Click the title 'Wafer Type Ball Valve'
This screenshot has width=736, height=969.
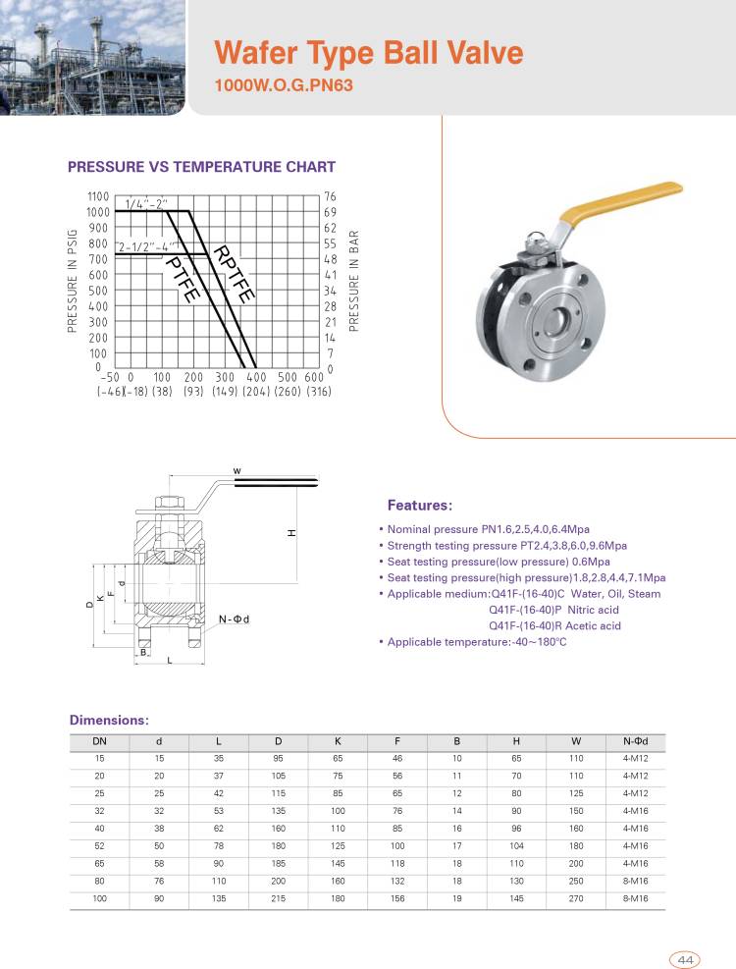click(x=368, y=52)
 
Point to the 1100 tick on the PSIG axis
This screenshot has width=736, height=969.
click(x=97, y=196)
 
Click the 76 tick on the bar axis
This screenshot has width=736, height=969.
click(x=330, y=196)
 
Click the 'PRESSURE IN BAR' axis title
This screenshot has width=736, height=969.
click(x=354, y=280)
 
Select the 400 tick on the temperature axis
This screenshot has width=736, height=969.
click(x=256, y=377)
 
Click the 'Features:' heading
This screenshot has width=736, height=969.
click(x=420, y=506)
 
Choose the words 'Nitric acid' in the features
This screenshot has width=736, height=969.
click(x=586, y=610)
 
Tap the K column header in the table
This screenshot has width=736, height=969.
click(x=338, y=741)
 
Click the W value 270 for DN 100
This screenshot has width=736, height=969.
click(x=575, y=899)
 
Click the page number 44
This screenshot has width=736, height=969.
click(x=684, y=959)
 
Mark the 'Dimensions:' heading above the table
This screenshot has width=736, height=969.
click(x=108, y=720)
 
